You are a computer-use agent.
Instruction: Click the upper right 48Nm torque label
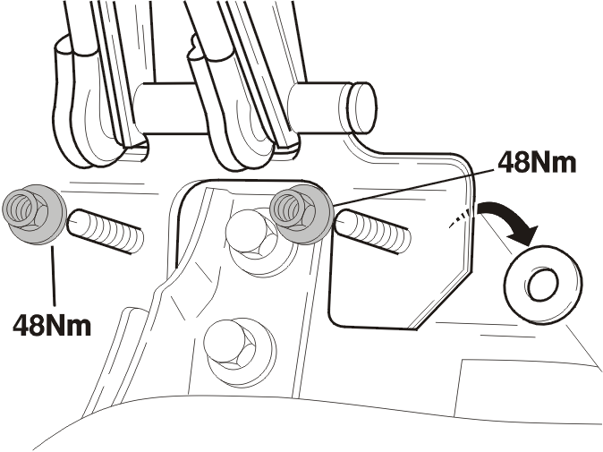[x=537, y=162]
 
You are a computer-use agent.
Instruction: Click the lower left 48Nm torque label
[x=52, y=326]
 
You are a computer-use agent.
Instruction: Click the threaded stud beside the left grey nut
[x=105, y=231]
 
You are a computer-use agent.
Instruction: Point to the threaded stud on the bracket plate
[x=372, y=231]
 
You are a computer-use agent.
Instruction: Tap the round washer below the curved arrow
[x=543, y=285]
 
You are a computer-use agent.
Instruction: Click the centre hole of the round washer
[x=543, y=285]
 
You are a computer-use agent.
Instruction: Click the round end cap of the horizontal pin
[x=362, y=107]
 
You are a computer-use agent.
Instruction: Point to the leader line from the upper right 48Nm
[x=414, y=186]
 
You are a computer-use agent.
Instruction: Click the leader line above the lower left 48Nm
[x=53, y=275]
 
